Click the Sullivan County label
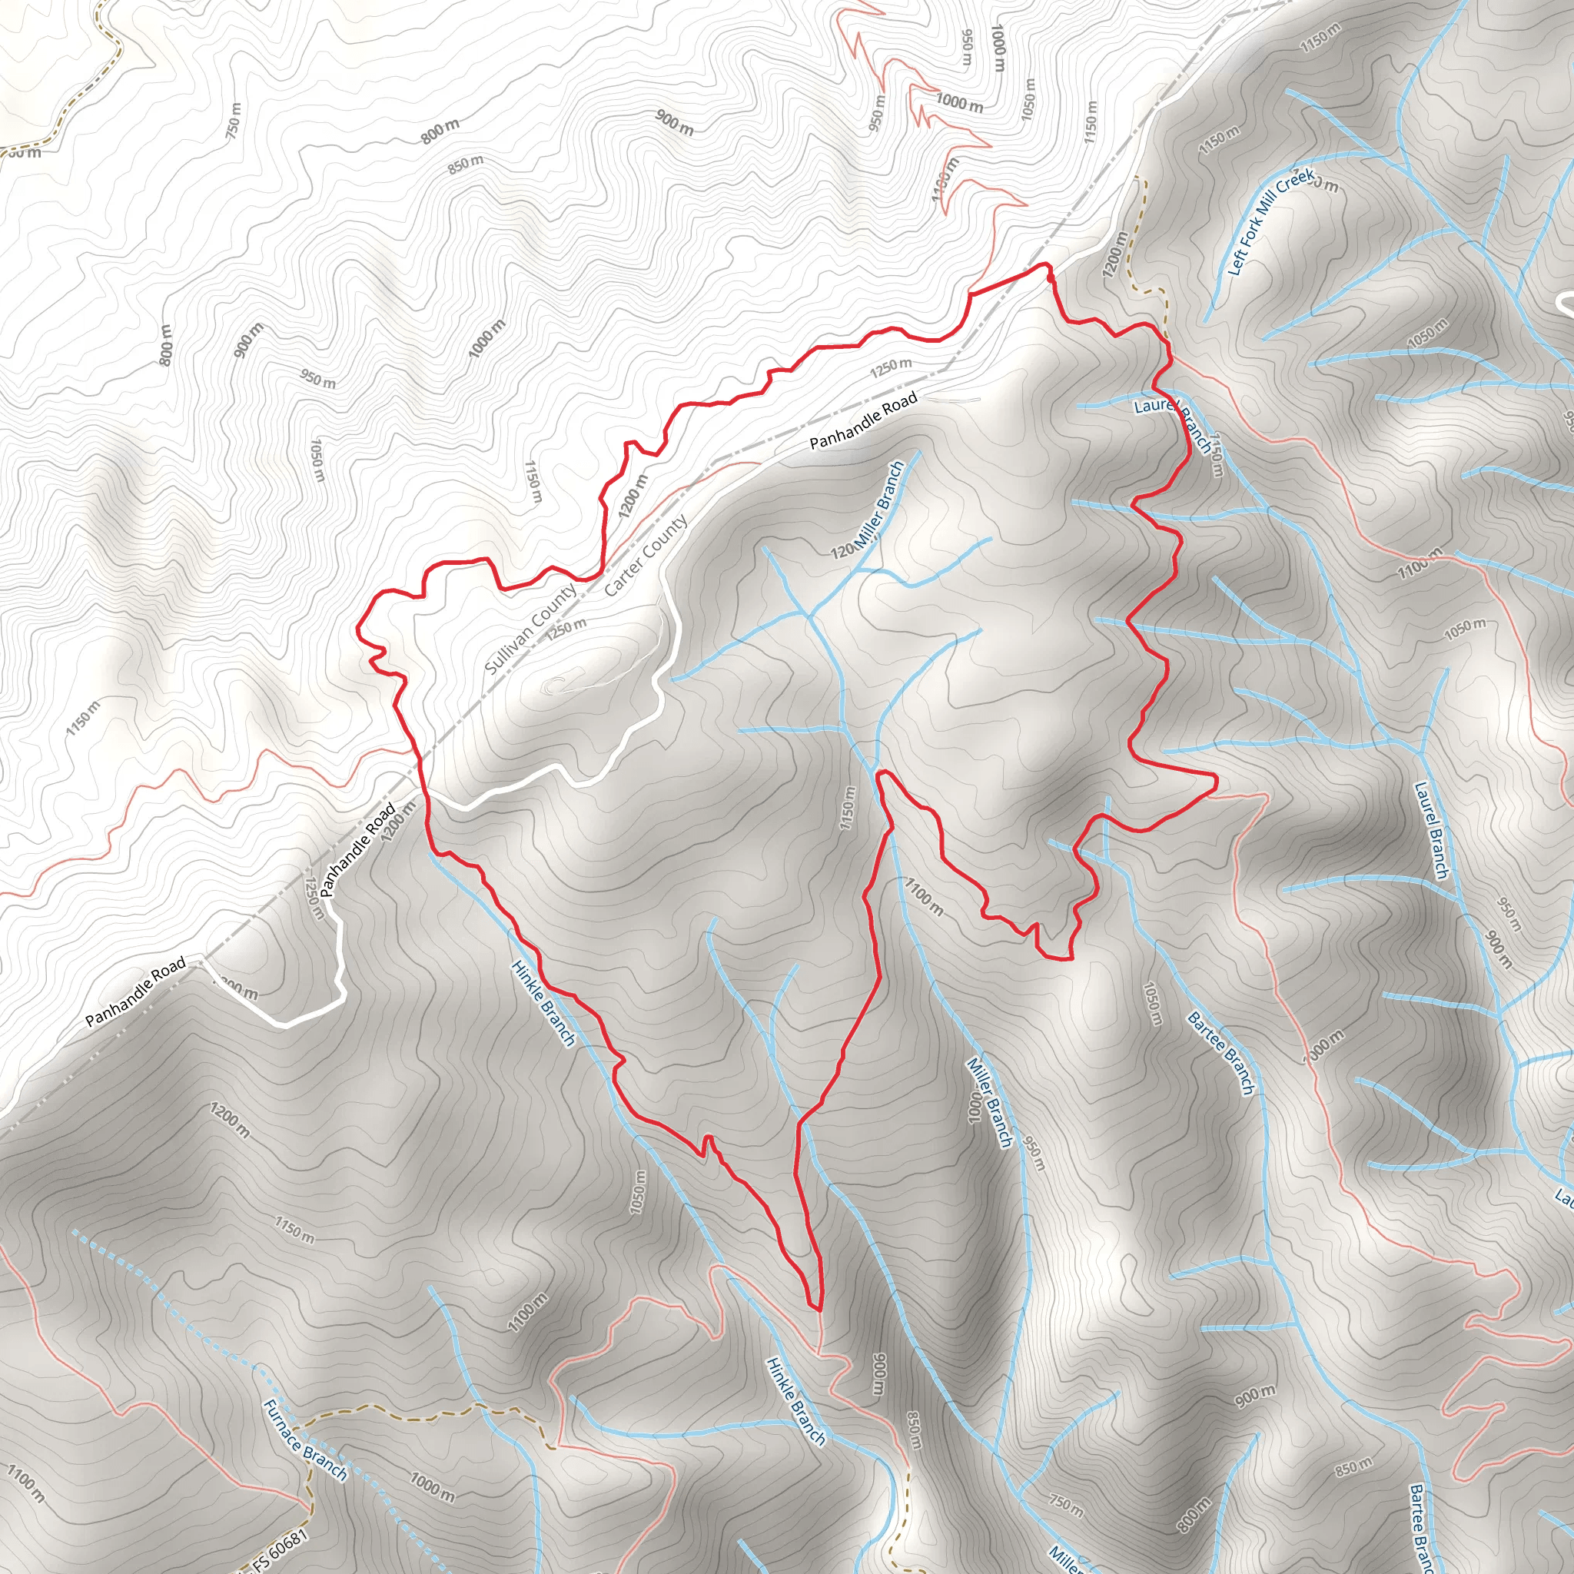pyautogui.click(x=531, y=629)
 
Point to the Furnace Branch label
pyautogui.click(x=304, y=1440)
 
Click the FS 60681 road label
pyautogui.click(x=281, y=1548)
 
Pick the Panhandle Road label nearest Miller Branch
pyautogui.click(x=864, y=420)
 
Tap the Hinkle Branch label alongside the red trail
pyautogui.click(x=543, y=1002)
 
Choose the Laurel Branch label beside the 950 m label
pyautogui.click(x=1431, y=831)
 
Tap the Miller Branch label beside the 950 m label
pyautogui.click(x=989, y=1102)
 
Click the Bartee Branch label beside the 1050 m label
pyautogui.click(x=1220, y=1054)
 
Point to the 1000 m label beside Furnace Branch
pyautogui.click(x=432, y=1487)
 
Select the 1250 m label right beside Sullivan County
pyautogui.click(x=566, y=627)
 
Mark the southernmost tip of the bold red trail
pyautogui.click(x=816, y=1310)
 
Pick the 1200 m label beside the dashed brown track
pyautogui.click(x=1114, y=254)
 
